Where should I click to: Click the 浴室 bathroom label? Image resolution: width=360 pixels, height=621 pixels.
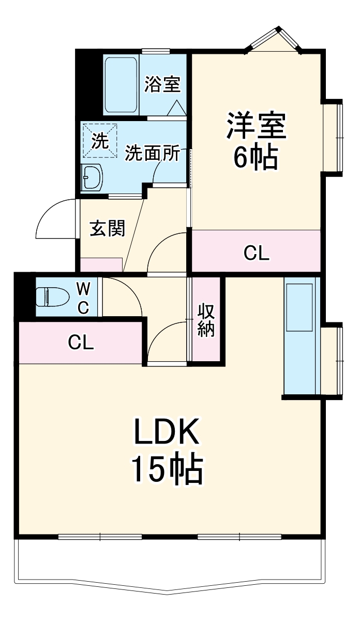tap(162, 85)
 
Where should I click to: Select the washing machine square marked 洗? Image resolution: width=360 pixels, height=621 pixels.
tap(99, 140)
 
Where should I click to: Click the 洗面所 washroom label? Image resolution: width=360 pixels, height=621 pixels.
tap(153, 153)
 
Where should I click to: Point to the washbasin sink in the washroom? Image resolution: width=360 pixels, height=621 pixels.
tap(93, 178)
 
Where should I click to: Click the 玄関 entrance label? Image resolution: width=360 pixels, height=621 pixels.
tap(108, 228)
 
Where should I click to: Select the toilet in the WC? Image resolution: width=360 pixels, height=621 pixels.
tap(51, 297)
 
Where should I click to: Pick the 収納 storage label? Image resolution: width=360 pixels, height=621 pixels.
tap(206, 320)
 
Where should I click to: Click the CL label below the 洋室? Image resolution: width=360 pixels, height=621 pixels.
tap(257, 254)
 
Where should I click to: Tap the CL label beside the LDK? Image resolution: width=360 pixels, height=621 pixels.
tap(82, 342)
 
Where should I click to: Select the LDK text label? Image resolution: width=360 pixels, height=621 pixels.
tap(167, 433)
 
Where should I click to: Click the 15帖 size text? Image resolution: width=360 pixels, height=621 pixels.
tap(167, 468)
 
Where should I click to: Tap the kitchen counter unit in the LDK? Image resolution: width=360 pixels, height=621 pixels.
tap(299, 336)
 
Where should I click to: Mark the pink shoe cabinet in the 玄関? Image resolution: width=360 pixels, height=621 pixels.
tap(101, 264)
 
